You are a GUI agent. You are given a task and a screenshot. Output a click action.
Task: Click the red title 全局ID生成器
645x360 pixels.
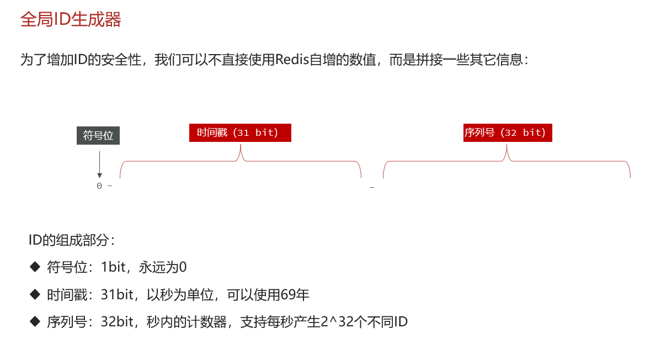tap(71, 20)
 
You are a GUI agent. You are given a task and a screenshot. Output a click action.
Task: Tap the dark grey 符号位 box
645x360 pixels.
tap(98, 136)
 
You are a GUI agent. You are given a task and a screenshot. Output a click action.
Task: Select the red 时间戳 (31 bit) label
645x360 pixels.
tap(240, 133)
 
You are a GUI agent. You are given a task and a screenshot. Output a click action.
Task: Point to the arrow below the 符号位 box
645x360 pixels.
tap(99, 164)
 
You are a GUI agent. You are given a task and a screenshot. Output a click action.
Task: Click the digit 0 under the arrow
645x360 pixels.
tap(99, 186)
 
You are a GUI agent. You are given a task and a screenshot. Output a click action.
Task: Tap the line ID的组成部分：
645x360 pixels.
tap(72, 241)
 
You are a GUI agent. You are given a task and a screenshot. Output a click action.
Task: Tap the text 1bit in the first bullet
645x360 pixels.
tap(113, 268)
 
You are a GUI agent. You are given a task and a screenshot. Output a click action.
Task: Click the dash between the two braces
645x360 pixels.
tap(372, 188)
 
